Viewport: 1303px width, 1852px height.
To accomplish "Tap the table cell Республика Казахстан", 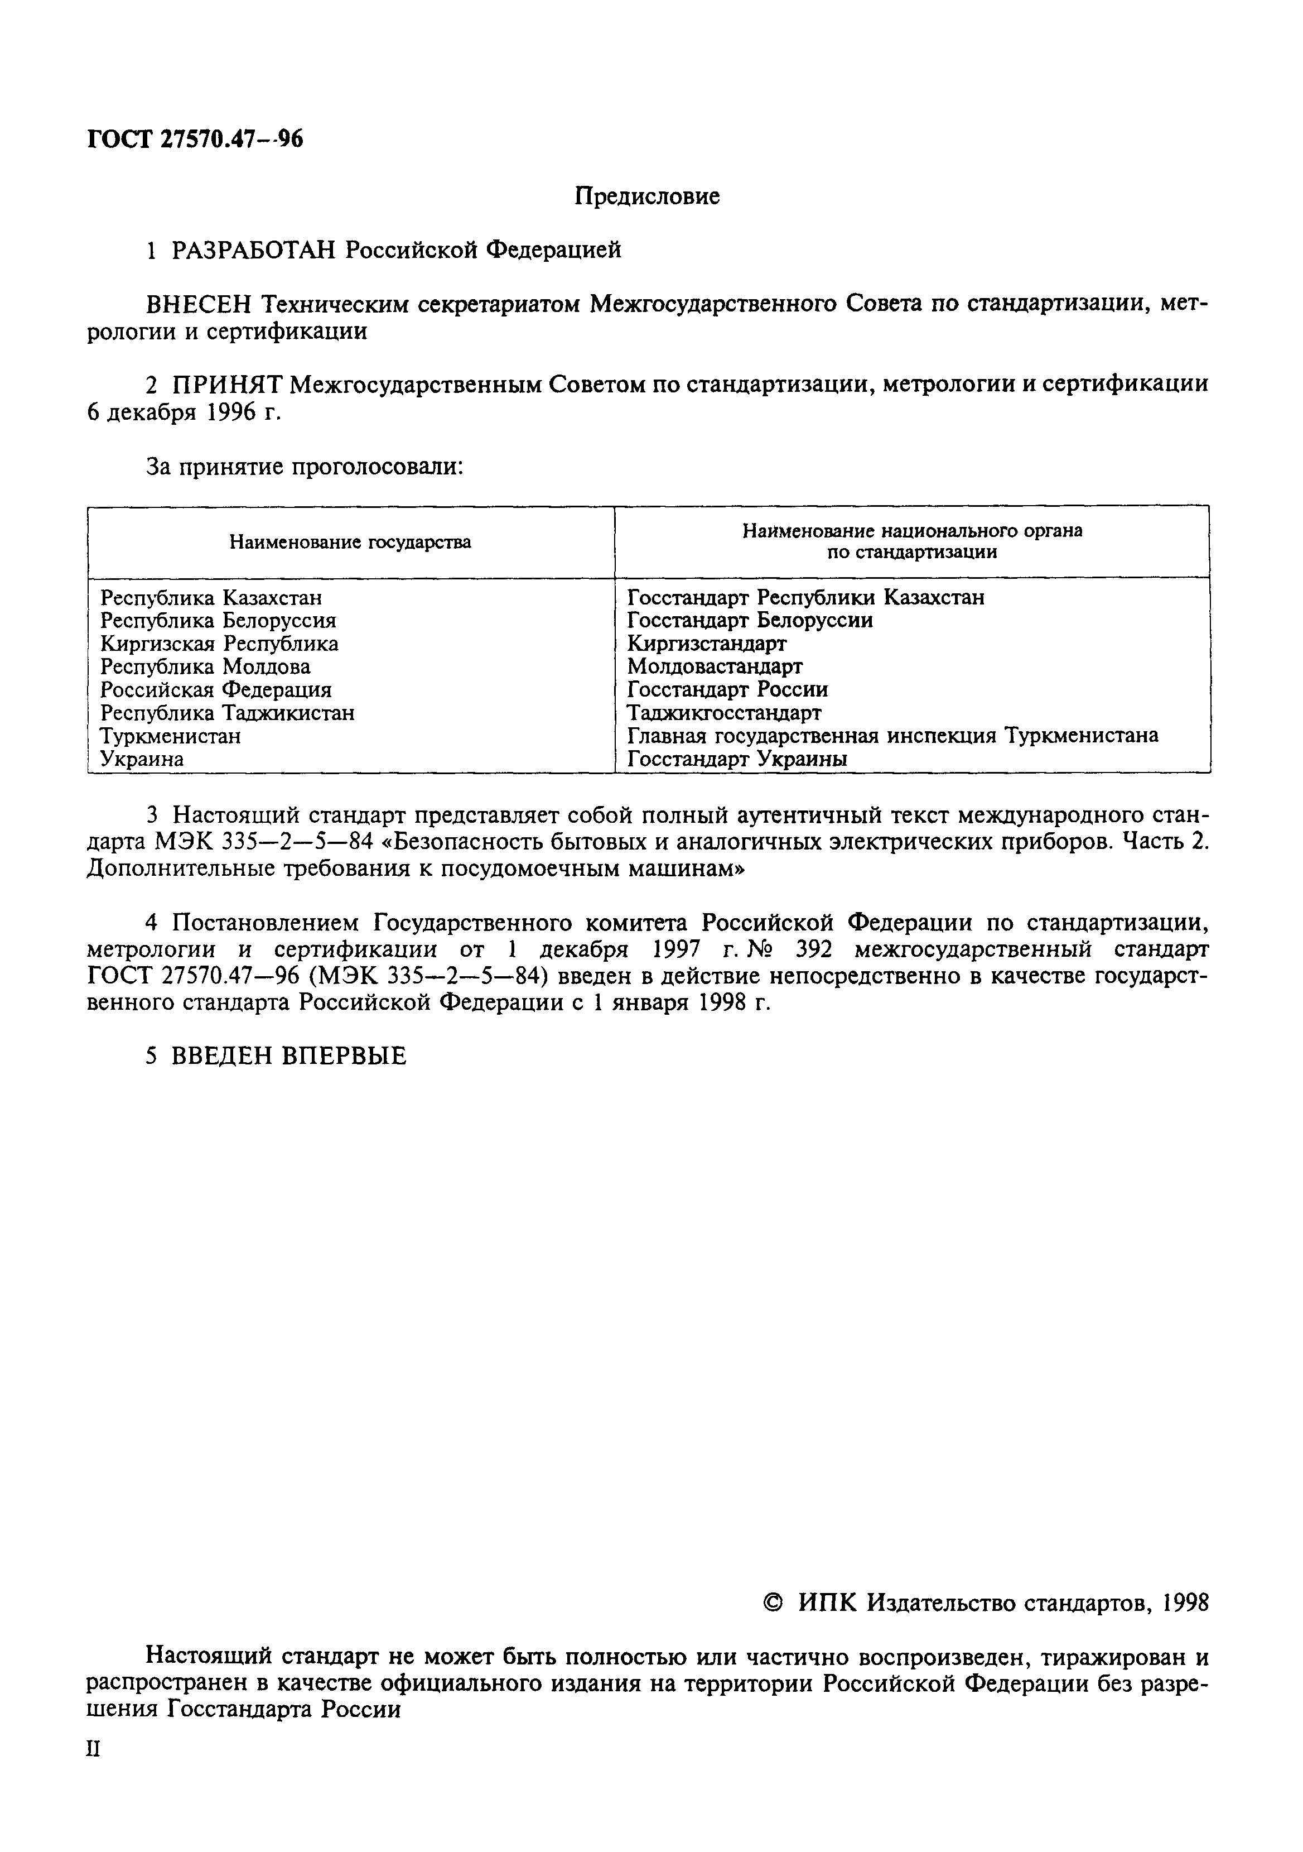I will click(211, 598).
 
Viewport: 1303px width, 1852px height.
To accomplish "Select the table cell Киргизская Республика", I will click(219, 644).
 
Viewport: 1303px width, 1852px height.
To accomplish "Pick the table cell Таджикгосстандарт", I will click(724, 713).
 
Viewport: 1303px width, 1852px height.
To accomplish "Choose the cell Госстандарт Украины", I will click(737, 759).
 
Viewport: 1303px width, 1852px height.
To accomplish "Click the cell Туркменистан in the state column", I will click(170, 736).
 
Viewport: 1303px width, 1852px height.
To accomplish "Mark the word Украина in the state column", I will click(142, 759).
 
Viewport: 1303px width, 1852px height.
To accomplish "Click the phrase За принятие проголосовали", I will click(304, 466).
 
